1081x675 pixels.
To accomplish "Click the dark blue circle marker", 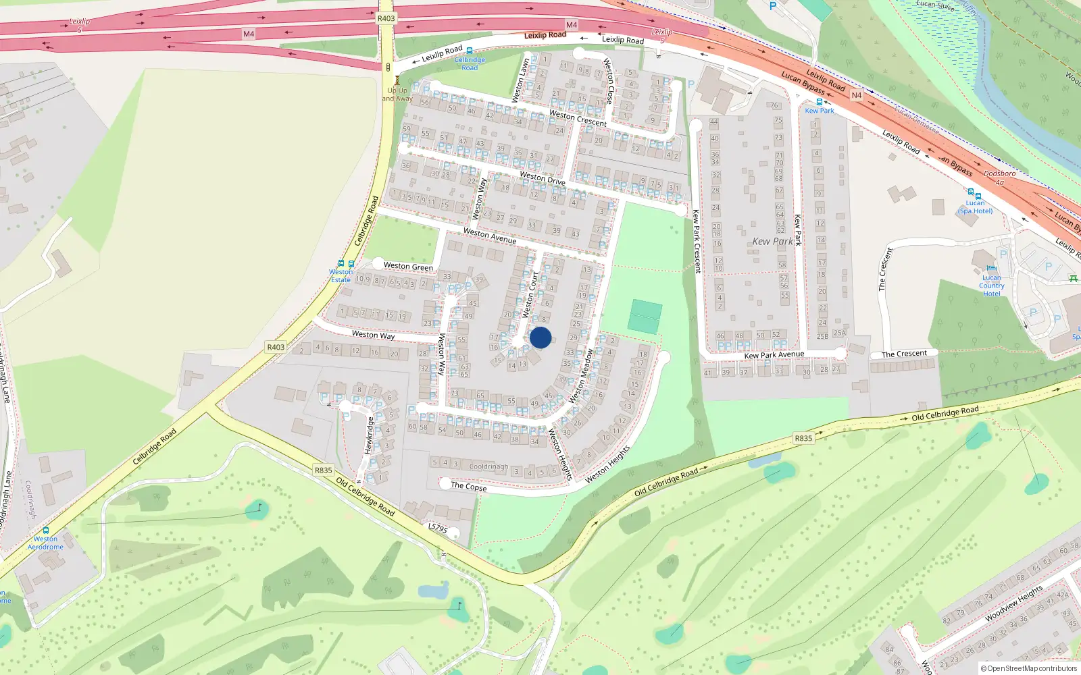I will click(x=540, y=337).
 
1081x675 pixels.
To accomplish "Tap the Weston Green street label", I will click(x=408, y=267).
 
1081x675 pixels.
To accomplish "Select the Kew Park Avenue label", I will click(x=774, y=355).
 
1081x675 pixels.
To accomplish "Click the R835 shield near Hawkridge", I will click(x=324, y=470).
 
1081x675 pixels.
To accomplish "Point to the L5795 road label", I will click(x=438, y=528).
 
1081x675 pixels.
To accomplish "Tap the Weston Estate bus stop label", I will click(x=341, y=276).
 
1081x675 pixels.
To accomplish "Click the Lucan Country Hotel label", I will click(x=991, y=286).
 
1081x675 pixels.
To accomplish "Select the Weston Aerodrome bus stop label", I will click(x=45, y=543).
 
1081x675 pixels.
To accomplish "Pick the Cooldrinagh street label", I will click(x=488, y=466).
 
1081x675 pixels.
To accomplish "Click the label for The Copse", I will click(x=468, y=486).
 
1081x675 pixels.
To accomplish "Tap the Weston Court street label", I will click(x=530, y=294).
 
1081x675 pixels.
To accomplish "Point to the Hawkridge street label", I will click(x=369, y=435).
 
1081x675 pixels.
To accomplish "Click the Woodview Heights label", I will click(x=1013, y=603).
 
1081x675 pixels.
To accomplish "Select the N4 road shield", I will click(x=856, y=95).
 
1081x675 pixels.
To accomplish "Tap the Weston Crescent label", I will click(x=578, y=118).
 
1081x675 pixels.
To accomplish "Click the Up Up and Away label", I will click(x=397, y=94).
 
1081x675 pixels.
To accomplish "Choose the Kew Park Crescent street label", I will click(x=697, y=241).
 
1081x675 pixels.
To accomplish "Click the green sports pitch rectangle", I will click(x=645, y=317).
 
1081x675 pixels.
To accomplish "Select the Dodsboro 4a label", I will click(x=999, y=178).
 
